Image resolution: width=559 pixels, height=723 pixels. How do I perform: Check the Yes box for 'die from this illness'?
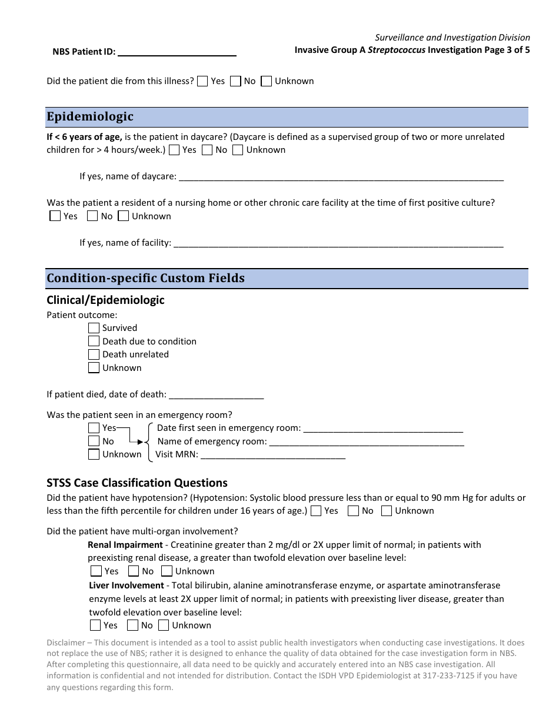click(202, 81)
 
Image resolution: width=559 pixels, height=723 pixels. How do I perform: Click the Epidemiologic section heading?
click(90, 116)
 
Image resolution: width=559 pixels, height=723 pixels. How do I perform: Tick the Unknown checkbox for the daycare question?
click(238, 150)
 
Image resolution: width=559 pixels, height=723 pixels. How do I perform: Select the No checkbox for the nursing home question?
click(92, 216)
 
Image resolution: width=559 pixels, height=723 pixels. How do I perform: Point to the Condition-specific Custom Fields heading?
click(145, 278)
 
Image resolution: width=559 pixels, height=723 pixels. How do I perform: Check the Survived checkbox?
click(94, 328)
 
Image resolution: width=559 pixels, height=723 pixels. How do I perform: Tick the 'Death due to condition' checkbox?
click(94, 342)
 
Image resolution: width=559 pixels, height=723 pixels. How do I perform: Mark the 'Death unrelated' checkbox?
click(94, 354)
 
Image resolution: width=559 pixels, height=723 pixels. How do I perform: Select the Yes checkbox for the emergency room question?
click(94, 428)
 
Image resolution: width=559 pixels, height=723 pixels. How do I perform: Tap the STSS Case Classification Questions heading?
click(137, 483)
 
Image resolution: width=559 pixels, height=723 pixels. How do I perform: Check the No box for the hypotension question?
click(353, 511)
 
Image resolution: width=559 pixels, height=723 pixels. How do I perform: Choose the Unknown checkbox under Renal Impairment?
click(167, 571)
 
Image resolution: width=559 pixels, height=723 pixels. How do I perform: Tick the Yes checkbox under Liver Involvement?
click(95, 625)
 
